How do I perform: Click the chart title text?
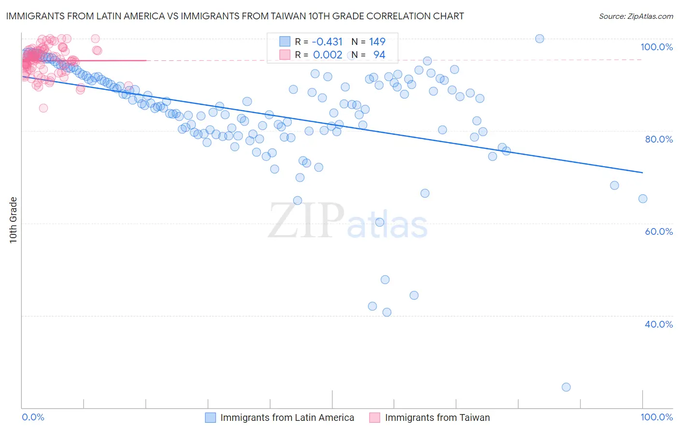point(234,16)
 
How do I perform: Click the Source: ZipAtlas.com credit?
point(636,16)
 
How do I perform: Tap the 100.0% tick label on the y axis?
point(656,47)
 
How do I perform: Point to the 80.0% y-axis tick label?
point(659,139)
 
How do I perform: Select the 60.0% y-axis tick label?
point(659,231)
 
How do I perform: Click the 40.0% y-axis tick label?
point(659,324)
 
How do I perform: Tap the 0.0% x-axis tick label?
point(33,417)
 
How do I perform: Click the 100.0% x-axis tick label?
point(656,417)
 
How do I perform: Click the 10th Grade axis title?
point(14,220)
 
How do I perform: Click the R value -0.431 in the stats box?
point(327,42)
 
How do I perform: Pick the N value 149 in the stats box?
point(377,42)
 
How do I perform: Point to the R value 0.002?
point(327,55)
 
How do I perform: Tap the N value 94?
point(379,55)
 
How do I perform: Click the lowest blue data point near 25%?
point(566,387)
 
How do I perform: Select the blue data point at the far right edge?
point(643,199)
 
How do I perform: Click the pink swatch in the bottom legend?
point(375,417)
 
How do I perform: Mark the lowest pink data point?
point(43,108)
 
